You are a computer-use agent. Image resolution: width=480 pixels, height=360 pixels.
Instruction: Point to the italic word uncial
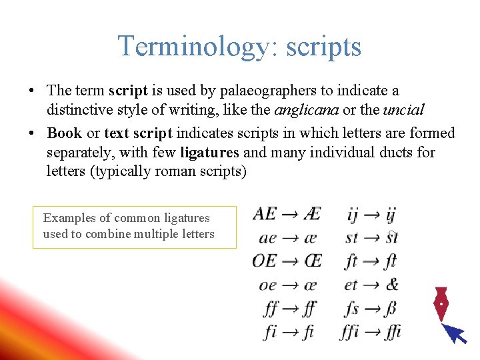pos(403,109)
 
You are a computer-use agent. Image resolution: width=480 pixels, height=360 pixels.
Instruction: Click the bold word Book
pos(65,133)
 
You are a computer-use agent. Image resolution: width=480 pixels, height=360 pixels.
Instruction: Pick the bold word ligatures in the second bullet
pos(209,153)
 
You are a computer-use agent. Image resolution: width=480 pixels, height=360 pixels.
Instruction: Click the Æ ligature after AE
pos(311,214)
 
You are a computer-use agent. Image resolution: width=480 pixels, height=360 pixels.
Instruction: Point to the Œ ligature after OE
pos(311,261)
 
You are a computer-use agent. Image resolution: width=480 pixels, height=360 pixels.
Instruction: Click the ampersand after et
pos(391,285)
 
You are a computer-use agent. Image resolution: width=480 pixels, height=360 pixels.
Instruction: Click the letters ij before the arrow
pos(353,215)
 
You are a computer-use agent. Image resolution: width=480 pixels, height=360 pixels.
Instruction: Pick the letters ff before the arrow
pos(271,309)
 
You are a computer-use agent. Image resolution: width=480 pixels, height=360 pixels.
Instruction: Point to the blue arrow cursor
pos(455,332)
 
